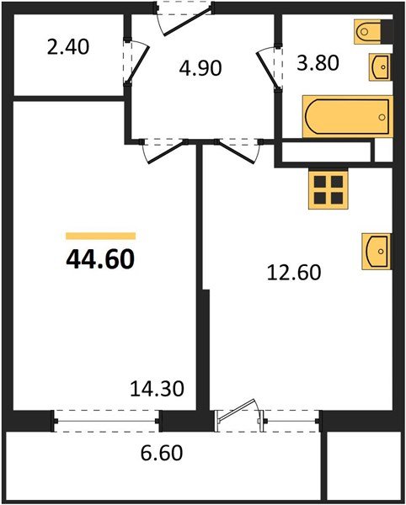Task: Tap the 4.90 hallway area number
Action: [x=200, y=66]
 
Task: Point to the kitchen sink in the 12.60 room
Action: [x=377, y=251]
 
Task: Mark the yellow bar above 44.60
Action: [x=100, y=237]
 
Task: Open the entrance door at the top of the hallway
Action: [x=185, y=17]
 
